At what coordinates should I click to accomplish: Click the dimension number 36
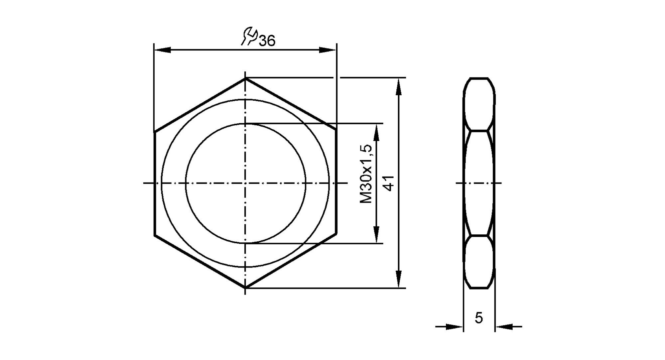pos(267,41)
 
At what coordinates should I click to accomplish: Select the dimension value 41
pos(389,183)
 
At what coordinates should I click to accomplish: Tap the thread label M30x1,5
pos(366,174)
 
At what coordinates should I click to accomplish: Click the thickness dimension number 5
pos(478,318)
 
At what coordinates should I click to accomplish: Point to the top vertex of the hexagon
pos(245,78)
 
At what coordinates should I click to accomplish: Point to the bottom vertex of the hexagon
pos(245,287)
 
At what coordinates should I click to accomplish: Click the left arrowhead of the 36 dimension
pos(163,50)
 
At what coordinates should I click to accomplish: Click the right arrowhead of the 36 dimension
pos(328,50)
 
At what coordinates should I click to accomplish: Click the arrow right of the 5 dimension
pos(504,327)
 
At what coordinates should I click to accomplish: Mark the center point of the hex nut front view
pos(245,183)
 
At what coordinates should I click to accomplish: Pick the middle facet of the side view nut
pos(479,183)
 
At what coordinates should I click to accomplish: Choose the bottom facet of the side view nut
pos(479,262)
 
